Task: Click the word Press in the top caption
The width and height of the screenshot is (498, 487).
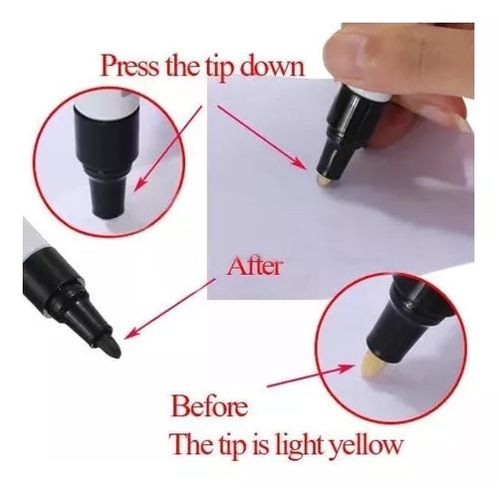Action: click(130, 67)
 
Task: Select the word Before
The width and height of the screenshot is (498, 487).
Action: click(209, 405)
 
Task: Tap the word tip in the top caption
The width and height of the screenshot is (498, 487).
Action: click(218, 68)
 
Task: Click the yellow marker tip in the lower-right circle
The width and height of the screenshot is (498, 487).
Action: click(372, 365)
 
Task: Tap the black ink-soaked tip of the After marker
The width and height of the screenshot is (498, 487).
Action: click(110, 346)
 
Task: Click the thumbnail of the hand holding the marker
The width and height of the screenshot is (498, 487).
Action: click(341, 160)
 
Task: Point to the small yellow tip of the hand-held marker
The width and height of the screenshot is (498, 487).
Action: click(325, 180)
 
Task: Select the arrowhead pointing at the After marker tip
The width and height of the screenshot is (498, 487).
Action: click(130, 333)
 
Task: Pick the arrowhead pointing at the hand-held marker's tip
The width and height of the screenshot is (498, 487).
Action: click(299, 162)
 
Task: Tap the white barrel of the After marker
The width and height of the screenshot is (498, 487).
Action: click(32, 237)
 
